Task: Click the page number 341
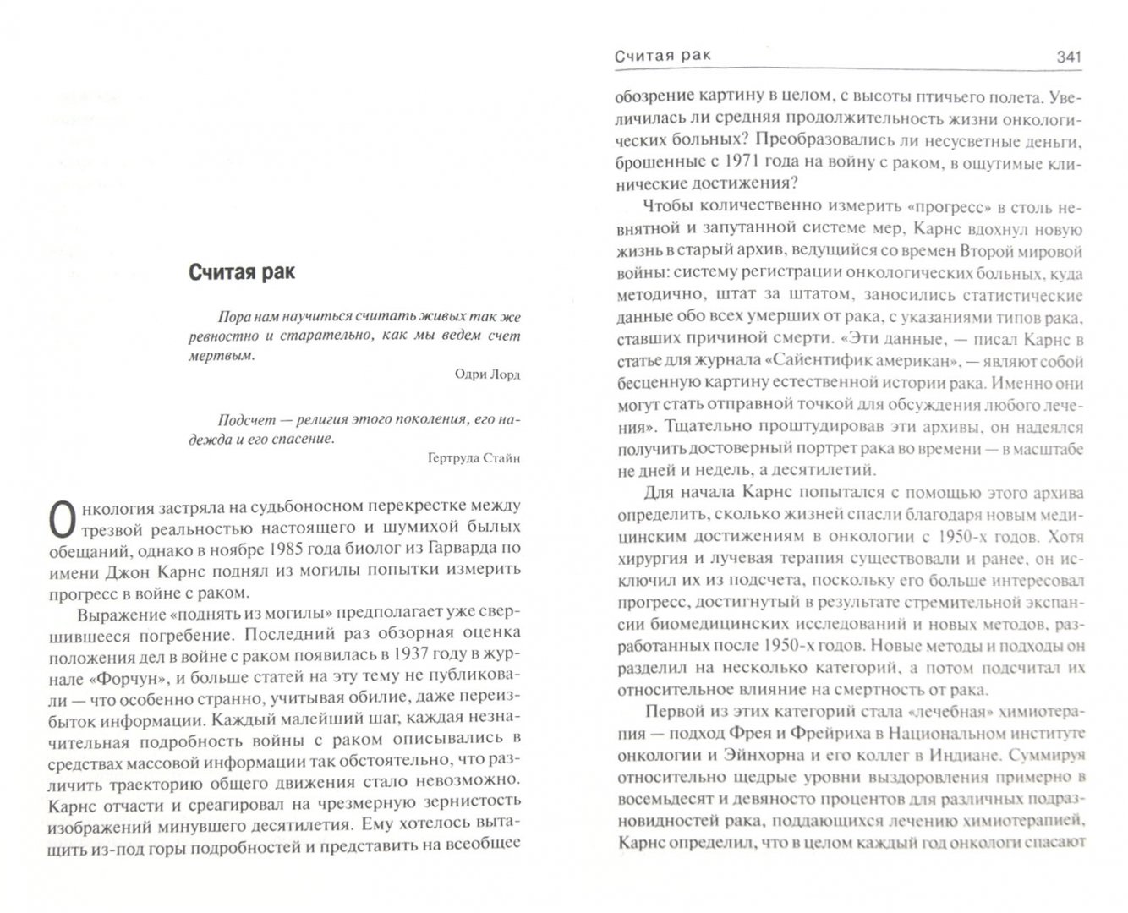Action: (x=1068, y=57)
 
